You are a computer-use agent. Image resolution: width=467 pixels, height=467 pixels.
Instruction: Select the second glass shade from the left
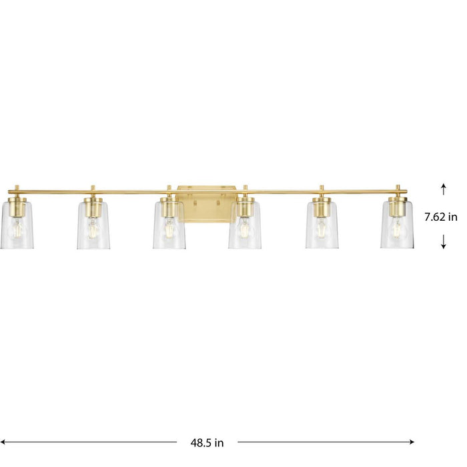(x=93, y=225)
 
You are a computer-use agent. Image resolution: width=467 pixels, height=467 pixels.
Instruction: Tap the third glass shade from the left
(x=169, y=225)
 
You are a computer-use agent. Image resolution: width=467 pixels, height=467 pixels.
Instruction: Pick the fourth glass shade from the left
(x=245, y=225)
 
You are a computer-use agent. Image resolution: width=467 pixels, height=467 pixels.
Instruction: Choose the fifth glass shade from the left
(x=321, y=225)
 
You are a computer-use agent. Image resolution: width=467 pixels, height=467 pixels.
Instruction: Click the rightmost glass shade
(x=397, y=225)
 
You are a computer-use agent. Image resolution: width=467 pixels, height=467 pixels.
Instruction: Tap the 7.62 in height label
(x=441, y=217)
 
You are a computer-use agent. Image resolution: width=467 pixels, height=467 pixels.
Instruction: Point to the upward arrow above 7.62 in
(x=443, y=190)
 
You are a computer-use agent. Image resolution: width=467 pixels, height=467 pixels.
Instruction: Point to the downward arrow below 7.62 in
(x=443, y=244)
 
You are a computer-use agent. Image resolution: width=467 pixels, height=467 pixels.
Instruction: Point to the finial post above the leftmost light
(x=17, y=188)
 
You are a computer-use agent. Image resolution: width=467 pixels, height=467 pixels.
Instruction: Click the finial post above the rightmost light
(x=397, y=188)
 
